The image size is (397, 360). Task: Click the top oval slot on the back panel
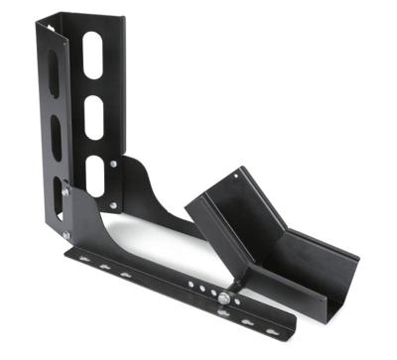pyautogui.click(x=92, y=57)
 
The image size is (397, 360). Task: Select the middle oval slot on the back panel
pyautogui.click(x=92, y=117)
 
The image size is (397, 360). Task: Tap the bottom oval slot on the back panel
pyautogui.click(x=95, y=175)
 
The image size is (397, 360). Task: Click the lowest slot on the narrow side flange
pyautogui.click(x=59, y=194)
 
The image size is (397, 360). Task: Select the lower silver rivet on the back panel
pyautogui.click(x=113, y=205)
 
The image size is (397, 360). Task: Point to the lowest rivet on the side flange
pyautogui.click(x=66, y=235)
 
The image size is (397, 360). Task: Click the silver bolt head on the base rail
pyautogui.click(x=227, y=299)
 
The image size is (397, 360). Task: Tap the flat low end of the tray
pyautogui.click(x=323, y=273)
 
